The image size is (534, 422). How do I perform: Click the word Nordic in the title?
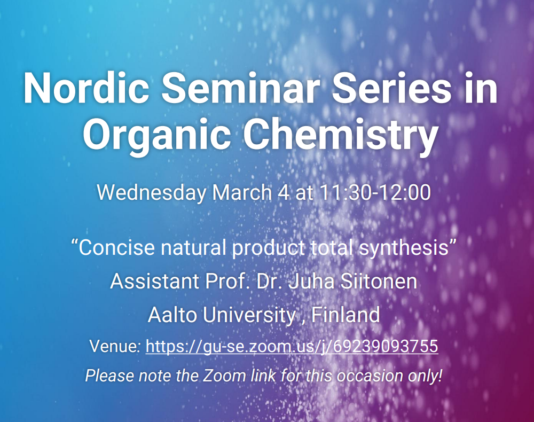pyautogui.click(x=86, y=88)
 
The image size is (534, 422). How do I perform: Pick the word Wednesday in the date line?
pyautogui.click(x=152, y=193)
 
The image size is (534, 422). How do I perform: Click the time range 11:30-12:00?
pyautogui.click(x=375, y=192)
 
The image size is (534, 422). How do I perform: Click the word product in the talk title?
pyautogui.click(x=269, y=248)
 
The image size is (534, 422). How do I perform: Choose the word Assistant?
pyautogui.click(x=155, y=282)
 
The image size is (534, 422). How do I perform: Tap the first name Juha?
pyautogui.click(x=311, y=282)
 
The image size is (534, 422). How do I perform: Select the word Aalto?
pyautogui.click(x=172, y=315)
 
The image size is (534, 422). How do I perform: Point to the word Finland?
pyautogui.click(x=345, y=315)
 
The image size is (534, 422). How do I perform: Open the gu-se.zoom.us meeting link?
pyautogui.click(x=292, y=346)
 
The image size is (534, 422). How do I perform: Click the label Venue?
pyautogui.click(x=115, y=346)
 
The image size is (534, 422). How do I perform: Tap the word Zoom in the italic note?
pyautogui.click(x=224, y=376)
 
